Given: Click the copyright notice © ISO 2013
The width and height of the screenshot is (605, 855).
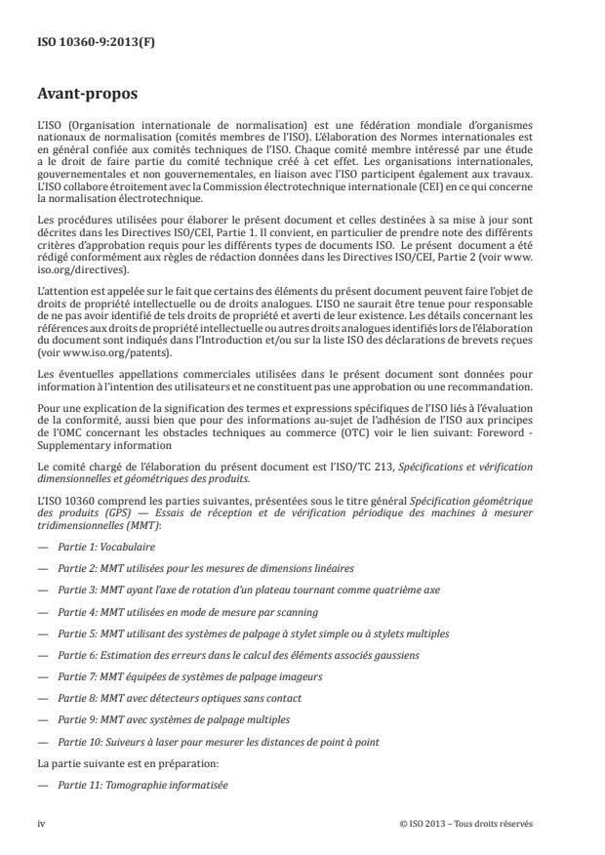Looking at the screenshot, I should [465, 823].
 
